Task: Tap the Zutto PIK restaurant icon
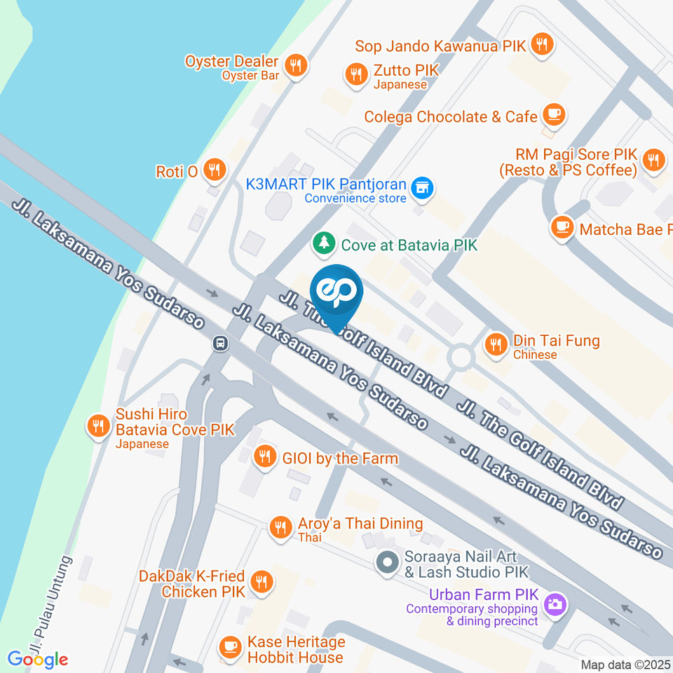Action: [357, 74]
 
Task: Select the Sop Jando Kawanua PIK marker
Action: [541, 45]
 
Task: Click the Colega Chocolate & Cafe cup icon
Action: [554, 114]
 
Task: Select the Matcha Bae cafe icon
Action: [562, 226]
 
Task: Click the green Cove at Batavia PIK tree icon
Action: [324, 244]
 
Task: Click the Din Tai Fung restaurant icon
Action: [497, 343]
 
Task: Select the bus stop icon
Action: [220, 344]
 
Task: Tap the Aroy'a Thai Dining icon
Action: [281, 526]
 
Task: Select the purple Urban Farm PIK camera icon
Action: [555, 603]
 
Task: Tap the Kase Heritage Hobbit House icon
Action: [229, 646]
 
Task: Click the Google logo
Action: [38, 659]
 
